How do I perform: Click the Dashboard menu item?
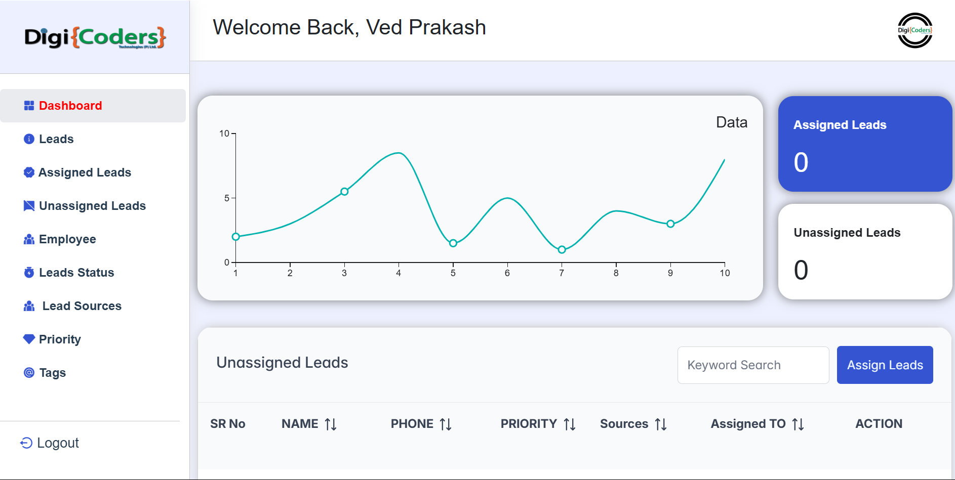70,106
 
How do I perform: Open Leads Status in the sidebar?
76,273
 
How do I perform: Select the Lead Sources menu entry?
82,306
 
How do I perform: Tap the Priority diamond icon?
29,339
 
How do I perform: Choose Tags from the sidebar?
52,373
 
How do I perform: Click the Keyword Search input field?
753,365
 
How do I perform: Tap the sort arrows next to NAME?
331,424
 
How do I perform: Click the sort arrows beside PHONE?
446,424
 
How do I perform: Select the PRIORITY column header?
529,424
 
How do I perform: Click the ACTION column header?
879,424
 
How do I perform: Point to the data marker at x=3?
344,192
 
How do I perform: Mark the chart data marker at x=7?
562,250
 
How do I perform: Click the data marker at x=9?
670,224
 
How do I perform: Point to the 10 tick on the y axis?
224,134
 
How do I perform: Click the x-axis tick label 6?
507,273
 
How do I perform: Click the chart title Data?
731,122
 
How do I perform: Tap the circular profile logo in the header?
915,30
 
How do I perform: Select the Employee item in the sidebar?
67,239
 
